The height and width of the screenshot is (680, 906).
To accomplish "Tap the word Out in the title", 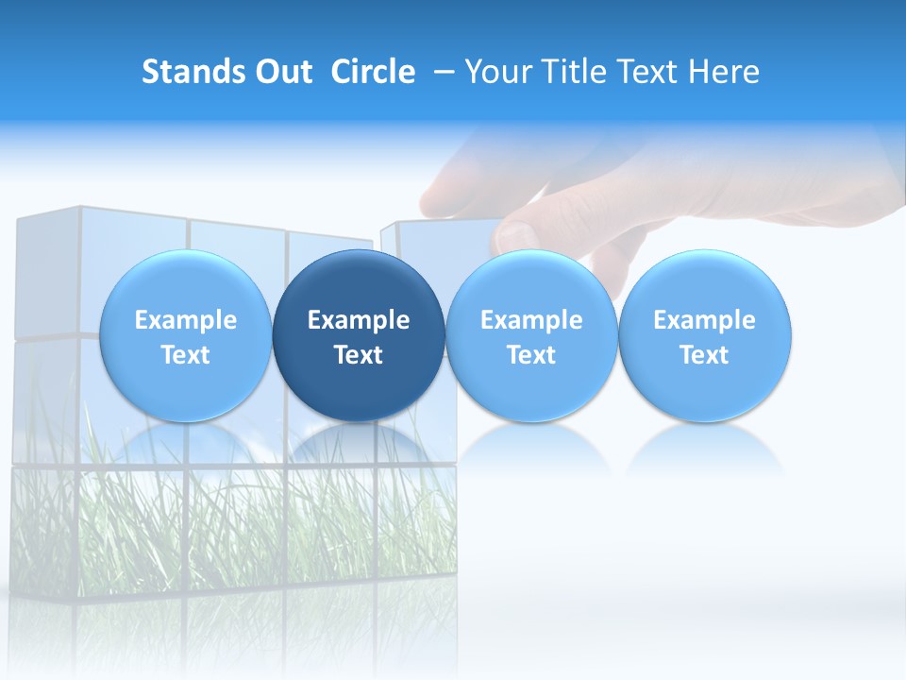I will point(282,72).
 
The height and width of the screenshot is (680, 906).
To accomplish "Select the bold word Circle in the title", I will point(373,72).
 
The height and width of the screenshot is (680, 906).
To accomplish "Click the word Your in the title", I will point(495,72).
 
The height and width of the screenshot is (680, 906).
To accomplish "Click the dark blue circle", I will point(359,335).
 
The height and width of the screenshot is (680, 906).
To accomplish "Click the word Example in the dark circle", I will point(359,320).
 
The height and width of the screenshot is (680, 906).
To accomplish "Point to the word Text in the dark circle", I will point(359,355).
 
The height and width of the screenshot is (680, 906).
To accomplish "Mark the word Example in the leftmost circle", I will point(185,320).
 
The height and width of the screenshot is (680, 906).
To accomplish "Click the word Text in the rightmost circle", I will point(704,355).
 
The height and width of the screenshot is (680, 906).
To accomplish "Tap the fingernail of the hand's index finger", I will point(518,235).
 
